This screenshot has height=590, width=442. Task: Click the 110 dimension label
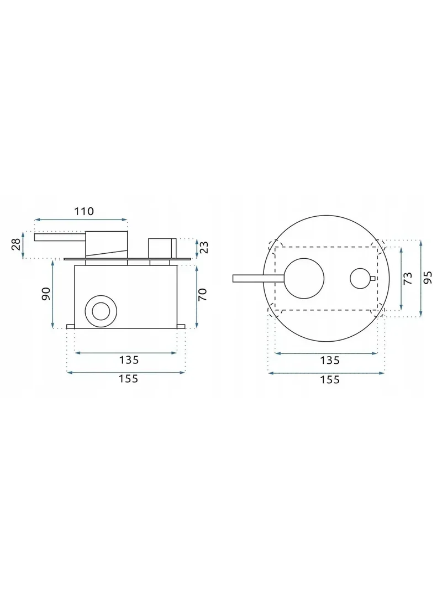[x=83, y=211]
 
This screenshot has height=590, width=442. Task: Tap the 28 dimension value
[x=16, y=244]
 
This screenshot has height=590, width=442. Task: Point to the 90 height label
[x=45, y=294]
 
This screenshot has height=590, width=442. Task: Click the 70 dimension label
[x=202, y=294]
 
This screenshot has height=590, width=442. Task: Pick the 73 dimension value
[x=407, y=278]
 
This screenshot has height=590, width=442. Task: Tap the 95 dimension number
[x=427, y=278]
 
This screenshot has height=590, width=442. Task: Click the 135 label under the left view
[x=129, y=360]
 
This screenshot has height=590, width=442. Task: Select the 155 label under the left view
[x=129, y=379]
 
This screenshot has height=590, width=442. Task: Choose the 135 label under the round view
[x=330, y=361]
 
